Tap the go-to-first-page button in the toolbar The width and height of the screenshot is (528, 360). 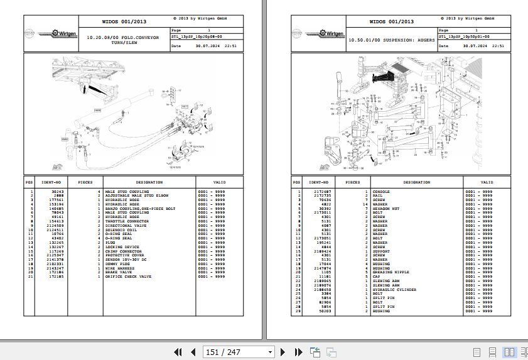coord(178,352)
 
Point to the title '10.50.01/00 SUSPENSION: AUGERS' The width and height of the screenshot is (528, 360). coord(391,40)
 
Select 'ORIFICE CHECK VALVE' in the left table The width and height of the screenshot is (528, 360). coord(128,276)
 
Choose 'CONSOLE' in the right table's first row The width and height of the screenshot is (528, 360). coord(381,192)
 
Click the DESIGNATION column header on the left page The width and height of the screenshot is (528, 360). coord(149,182)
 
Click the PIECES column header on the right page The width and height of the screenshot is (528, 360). coord(353,182)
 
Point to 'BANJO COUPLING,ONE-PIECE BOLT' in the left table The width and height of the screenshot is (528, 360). coord(140,209)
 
